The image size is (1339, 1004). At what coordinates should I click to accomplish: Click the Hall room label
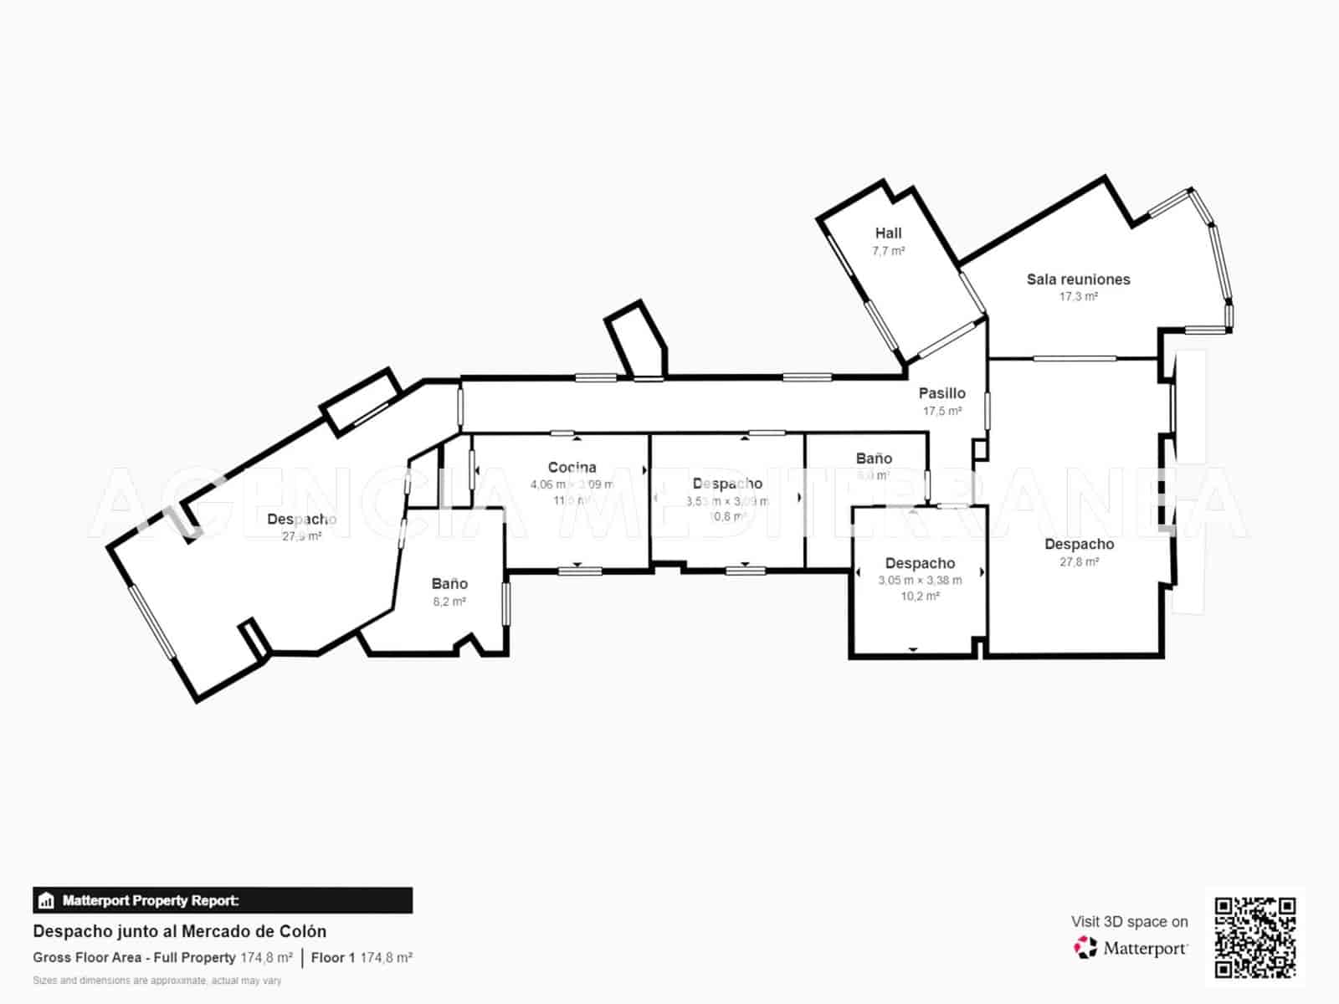point(888,233)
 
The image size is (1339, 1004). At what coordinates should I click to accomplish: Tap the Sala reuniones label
point(1078,279)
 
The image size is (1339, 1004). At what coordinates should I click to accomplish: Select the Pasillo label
point(941,393)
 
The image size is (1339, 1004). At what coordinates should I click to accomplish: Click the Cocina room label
point(572,468)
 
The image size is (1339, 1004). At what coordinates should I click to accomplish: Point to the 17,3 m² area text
point(1078,297)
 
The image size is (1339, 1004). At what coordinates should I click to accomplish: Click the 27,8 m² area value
point(1079,562)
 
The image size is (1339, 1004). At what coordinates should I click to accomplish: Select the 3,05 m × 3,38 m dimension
point(920,581)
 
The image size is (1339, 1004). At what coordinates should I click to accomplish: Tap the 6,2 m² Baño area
point(449,602)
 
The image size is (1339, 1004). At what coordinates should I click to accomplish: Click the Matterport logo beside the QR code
point(1131,948)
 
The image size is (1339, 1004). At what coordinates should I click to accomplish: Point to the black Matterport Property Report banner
point(223,900)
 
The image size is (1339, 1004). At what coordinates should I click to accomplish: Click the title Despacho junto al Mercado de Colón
point(179,931)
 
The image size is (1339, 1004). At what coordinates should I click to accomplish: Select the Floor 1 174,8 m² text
point(362,957)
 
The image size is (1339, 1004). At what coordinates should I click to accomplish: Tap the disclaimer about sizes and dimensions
point(156,981)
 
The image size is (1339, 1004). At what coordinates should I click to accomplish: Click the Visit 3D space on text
point(1129,921)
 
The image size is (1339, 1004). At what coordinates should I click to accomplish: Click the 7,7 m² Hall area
point(888,251)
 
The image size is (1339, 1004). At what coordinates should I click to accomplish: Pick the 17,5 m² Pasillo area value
point(941,412)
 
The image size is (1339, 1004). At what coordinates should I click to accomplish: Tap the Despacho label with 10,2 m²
point(920,563)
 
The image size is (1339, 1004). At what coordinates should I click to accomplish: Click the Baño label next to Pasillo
point(874,458)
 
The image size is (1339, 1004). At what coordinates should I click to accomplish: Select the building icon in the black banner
point(46,901)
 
